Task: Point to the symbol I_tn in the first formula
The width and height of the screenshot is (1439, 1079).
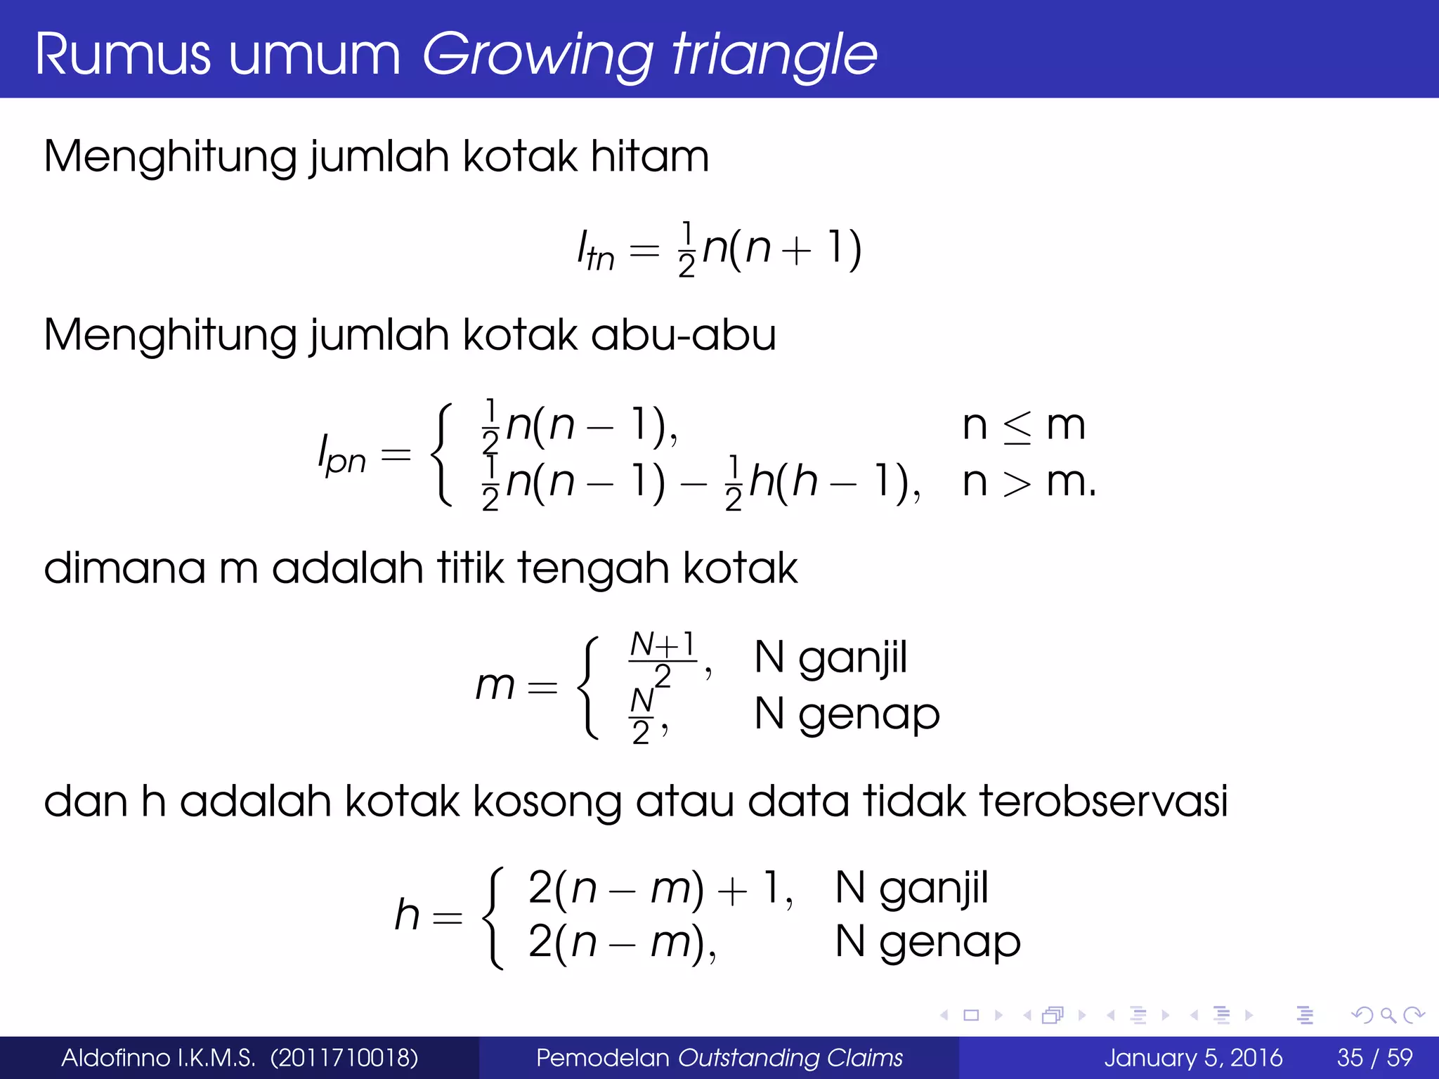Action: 595,251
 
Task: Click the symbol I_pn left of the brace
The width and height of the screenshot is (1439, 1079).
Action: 341,455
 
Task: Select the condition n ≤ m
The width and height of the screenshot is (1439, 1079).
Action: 1023,425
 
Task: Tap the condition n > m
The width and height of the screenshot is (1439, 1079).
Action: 1027,482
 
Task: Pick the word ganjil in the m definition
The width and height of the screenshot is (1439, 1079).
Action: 852,659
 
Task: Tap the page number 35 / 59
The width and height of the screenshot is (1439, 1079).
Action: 1374,1057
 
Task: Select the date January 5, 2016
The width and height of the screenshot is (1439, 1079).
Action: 1192,1057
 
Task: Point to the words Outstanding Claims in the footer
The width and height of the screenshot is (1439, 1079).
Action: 790,1057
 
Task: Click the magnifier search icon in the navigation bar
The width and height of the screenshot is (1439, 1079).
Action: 1388,1015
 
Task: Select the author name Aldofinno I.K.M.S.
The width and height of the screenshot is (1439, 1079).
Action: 158,1057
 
